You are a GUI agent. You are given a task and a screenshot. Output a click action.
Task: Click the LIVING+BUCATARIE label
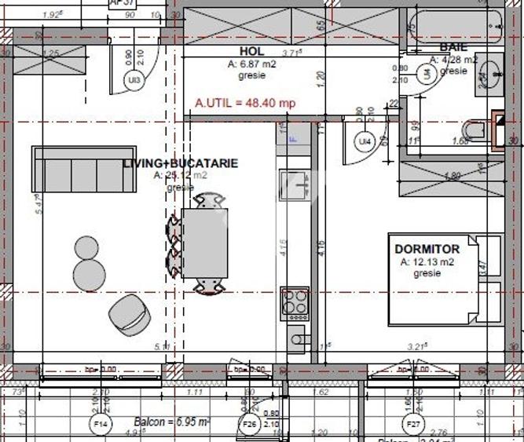click(180, 163)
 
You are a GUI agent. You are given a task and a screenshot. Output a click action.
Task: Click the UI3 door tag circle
click(134, 79)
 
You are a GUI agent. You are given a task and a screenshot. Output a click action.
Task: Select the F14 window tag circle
click(101, 425)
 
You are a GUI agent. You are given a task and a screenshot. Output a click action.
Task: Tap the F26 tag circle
click(249, 425)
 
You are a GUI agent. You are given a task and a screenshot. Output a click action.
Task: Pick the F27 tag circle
click(412, 425)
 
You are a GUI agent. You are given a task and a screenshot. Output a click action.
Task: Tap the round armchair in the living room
click(126, 314)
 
